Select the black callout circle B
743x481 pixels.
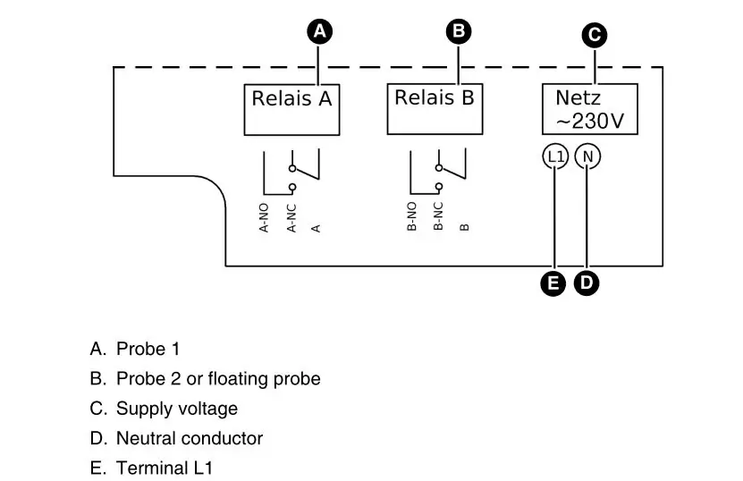(458, 31)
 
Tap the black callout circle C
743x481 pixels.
(593, 36)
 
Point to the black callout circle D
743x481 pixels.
(587, 283)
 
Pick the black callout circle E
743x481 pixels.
(554, 283)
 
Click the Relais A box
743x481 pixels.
(291, 109)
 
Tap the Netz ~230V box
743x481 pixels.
(589, 109)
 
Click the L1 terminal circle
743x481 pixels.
(555, 156)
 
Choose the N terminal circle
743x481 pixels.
(587, 156)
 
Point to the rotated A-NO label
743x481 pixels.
(265, 218)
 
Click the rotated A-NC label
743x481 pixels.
(291, 218)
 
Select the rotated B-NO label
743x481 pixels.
(412, 217)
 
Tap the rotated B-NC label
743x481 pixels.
(438, 217)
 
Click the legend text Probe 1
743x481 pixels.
(148, 349)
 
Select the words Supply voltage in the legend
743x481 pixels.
(177, 409)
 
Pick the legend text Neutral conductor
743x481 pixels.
(190, 438)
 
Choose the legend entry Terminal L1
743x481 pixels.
(165, 468)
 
